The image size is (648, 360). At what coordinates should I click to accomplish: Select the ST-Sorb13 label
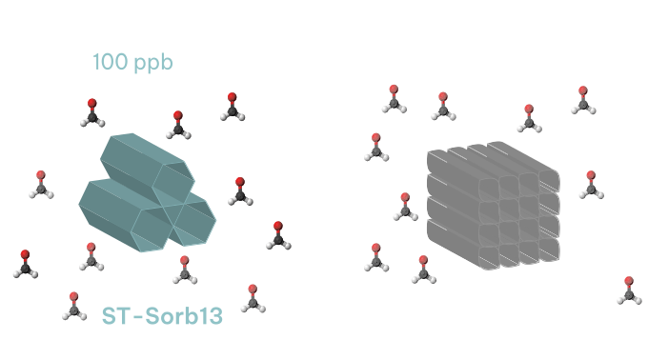[162, 316]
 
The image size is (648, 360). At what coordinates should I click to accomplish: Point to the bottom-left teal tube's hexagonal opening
[152, 227]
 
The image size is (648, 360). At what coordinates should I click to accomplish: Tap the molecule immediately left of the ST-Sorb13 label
[74, 306]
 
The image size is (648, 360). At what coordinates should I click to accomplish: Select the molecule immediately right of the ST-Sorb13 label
[253, 297]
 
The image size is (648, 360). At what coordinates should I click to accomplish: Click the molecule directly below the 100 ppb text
[91, 112]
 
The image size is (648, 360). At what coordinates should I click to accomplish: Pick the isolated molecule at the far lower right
[628, 290]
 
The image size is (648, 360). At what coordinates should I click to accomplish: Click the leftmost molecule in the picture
[25, 264]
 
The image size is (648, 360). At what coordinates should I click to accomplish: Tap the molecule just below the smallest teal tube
[185, 270]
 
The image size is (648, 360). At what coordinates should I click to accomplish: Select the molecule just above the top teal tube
[176, 124]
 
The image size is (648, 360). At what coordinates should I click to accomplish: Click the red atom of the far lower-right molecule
[628, 282]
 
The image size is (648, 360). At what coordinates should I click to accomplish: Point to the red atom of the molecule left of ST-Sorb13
[74, 297]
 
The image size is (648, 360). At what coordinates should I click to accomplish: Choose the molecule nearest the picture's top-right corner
[584, 99]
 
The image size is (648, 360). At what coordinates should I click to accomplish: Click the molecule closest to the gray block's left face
[405, 206]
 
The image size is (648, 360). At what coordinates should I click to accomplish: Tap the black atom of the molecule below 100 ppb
[91, 116]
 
